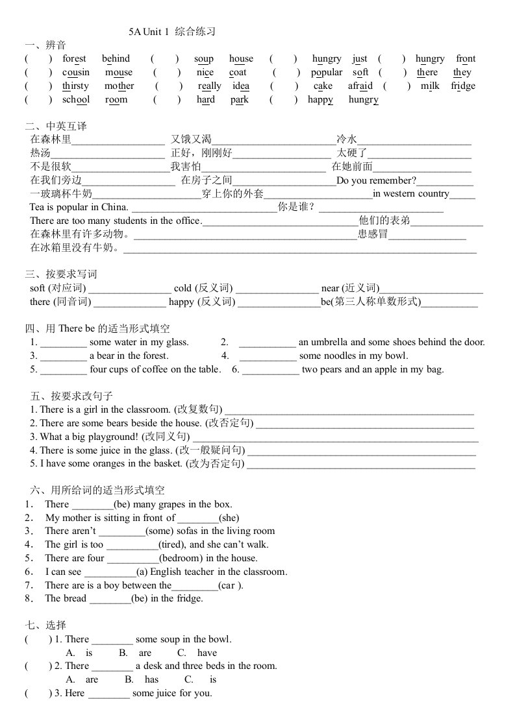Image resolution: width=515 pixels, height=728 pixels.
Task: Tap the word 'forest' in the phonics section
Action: coord(74,58)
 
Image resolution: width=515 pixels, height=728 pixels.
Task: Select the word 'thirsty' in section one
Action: coord(75,86)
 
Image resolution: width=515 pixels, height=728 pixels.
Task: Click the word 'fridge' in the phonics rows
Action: coord(463,86)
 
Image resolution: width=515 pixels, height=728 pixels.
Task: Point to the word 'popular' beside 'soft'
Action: coord(326,72)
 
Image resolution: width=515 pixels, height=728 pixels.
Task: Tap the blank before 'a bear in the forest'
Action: coord(64,356)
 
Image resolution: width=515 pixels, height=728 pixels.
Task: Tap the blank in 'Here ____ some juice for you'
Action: coord(108,694)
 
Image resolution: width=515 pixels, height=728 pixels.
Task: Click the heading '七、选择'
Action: coord(45,625)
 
